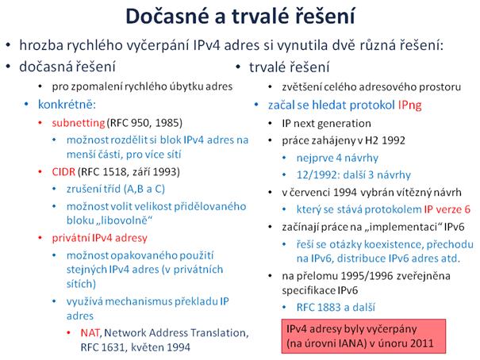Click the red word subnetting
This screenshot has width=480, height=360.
point(79,123)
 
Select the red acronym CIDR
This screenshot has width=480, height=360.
point(63,171)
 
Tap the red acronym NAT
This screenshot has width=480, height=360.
point(90,332)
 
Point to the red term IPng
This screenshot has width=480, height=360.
point(409,105)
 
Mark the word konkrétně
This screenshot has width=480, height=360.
point(67,105)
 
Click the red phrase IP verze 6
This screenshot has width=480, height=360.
point(447,209)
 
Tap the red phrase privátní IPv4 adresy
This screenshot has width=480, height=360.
point(99,238)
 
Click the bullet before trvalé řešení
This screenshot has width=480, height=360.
point(238,67)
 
